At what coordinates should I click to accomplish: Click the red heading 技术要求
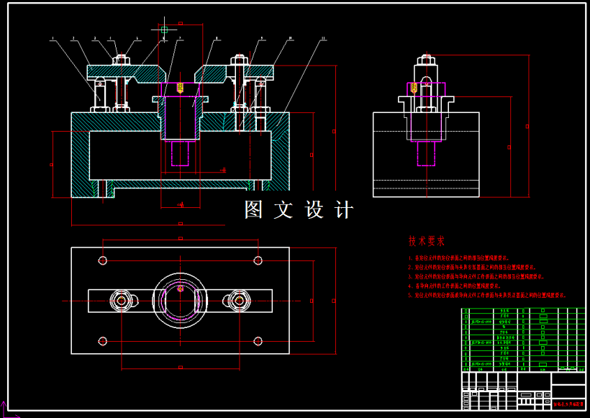[x=427, y=241]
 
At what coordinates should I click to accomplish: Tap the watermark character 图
[x=253, y=210]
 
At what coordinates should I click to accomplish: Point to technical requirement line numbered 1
[x=460, y=257]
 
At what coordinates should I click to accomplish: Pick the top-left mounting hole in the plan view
[x=104, y=260]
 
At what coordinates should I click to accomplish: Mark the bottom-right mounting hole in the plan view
[x=258, y=340]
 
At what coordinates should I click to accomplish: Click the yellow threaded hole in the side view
[x=414, y=88]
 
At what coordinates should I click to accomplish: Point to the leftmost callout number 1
[x=53, y=38]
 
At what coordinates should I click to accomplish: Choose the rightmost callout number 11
[x=324, y=38]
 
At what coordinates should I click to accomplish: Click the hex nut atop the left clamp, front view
[x=120, y=60]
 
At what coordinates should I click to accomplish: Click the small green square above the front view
[x=164, y=29]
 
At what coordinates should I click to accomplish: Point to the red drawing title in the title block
[x=568, y=406]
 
